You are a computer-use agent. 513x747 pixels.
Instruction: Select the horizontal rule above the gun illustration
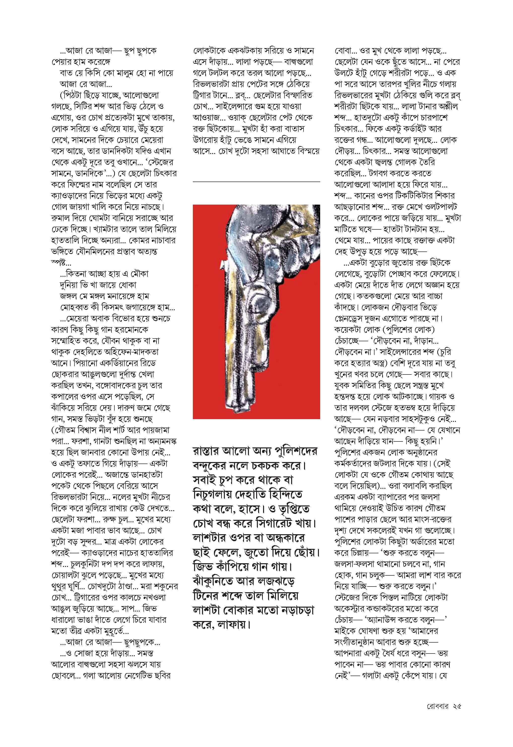pyautogui.click(x=256, y=182)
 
